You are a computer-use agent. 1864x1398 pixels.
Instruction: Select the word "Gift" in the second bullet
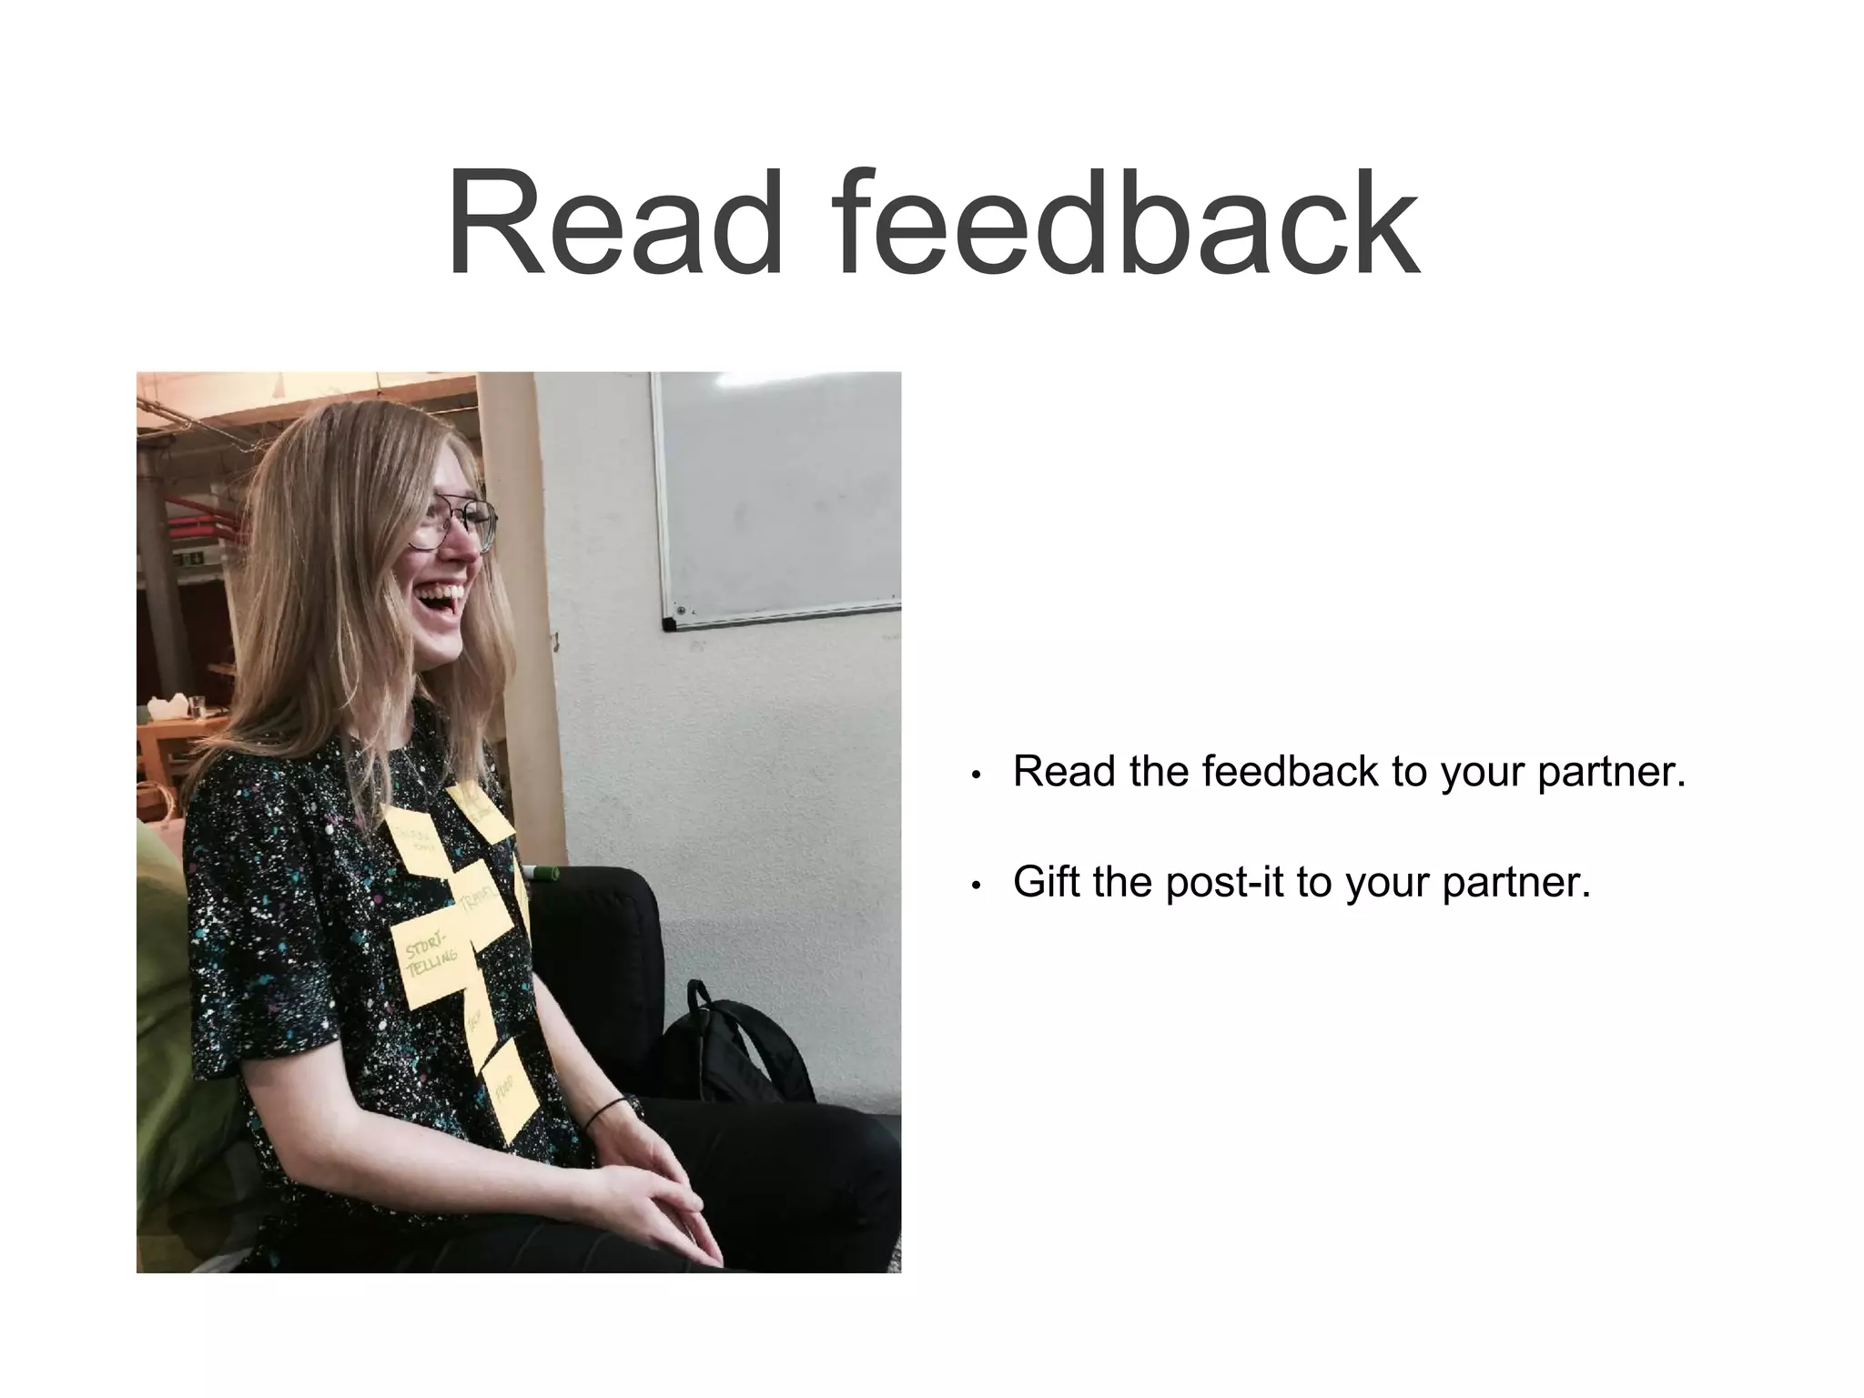click(x=1048, y=882)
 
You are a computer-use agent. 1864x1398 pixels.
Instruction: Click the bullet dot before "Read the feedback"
click(x=976, y=775)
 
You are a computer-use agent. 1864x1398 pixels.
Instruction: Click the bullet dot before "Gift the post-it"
click(x=976, y=886)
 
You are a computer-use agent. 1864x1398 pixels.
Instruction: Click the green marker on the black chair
click(x=543, y=875)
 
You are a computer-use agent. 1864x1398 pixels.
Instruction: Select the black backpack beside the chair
click(x=737, y=1047)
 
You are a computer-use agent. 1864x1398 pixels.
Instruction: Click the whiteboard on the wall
click(x=779, y=496)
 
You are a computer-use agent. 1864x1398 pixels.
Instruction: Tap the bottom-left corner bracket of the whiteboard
click(x=669, y=624)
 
